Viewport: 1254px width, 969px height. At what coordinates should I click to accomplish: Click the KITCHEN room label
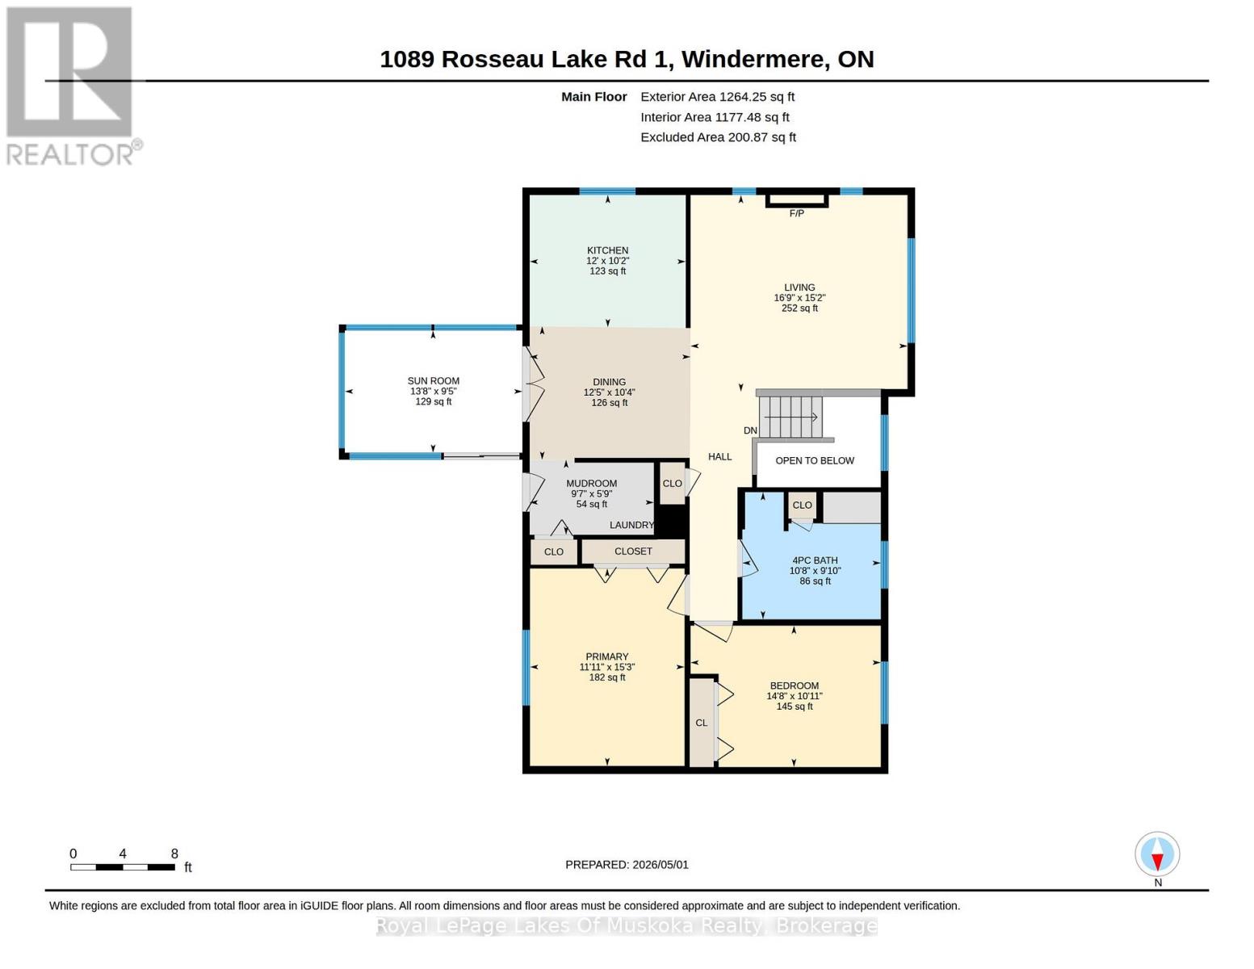click(x=607, y=250)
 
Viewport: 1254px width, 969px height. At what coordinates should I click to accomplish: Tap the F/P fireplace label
click(x=796, y=213)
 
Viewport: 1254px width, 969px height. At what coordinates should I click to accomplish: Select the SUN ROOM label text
click(x=434, y=381)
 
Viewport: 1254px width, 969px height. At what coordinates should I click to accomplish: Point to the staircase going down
click(x=791, y=417)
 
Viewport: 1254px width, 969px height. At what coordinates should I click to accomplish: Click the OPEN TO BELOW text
click(x=814, y=460)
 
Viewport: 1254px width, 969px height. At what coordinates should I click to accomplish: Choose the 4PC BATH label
click(x=815, y=560)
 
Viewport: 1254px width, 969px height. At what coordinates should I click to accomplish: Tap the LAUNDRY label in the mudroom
click(x=631, y=525)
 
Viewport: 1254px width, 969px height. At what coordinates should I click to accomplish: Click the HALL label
click(x=719, y=457)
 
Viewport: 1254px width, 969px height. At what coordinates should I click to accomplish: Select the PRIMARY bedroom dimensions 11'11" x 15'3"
click(x=607, y=667)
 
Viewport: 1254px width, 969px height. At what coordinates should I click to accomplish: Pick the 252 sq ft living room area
click(x=799, y=308)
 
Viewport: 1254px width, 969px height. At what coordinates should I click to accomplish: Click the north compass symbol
click(x=1157, y=854)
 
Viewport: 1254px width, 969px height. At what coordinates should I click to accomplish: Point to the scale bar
click(x=123, y=866)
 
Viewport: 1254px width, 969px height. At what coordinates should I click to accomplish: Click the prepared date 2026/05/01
click(x=661, y=865)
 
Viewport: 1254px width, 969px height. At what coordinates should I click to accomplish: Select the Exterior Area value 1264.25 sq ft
click(x=757, y=97)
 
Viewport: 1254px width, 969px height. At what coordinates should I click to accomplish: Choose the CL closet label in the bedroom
click(x=701, y=724)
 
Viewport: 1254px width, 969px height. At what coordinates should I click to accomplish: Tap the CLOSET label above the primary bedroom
click(x=633, y=552)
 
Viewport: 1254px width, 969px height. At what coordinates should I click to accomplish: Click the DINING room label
click(x=609, y=382)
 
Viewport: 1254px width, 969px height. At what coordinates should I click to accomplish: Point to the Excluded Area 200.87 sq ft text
click(x=718, y=137)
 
